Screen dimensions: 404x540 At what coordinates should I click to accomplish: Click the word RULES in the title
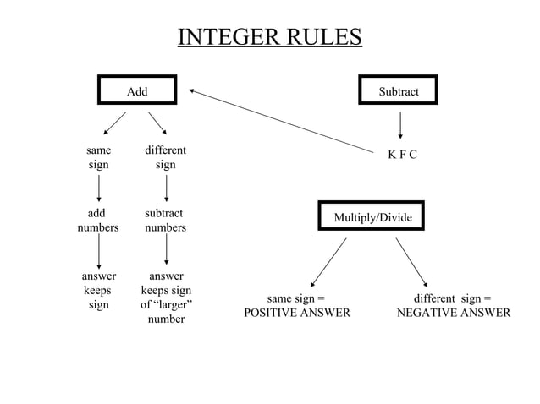[325, 38]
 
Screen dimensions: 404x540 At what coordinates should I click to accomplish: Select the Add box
[137, 90]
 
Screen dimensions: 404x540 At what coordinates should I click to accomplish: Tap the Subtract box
[398, 90]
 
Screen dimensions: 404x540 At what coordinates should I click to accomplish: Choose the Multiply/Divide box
[372, 217]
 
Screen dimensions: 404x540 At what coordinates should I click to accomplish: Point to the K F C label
[402, 155]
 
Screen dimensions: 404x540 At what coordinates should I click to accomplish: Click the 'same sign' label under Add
[99, 157]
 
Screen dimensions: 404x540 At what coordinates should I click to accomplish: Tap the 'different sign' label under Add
[166, 157]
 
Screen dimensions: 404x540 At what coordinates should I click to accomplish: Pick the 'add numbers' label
[98, 221]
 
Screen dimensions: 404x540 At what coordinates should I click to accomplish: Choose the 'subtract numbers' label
[165, 221]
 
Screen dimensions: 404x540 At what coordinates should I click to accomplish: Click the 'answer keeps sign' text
[98, 290]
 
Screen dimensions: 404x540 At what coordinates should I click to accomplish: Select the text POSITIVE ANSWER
[297, 313]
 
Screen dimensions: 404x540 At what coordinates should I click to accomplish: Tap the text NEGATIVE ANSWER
[454, 313]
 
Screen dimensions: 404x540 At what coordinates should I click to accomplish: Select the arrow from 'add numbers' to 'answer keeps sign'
[100, 252]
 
